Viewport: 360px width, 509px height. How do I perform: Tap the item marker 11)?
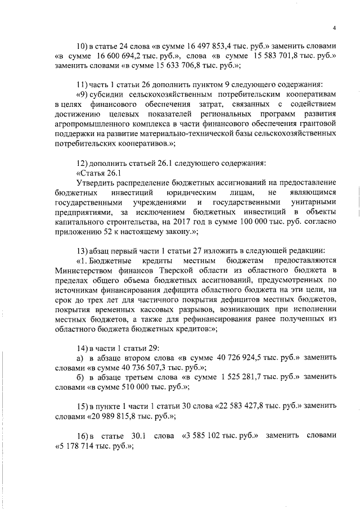[83, 84]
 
